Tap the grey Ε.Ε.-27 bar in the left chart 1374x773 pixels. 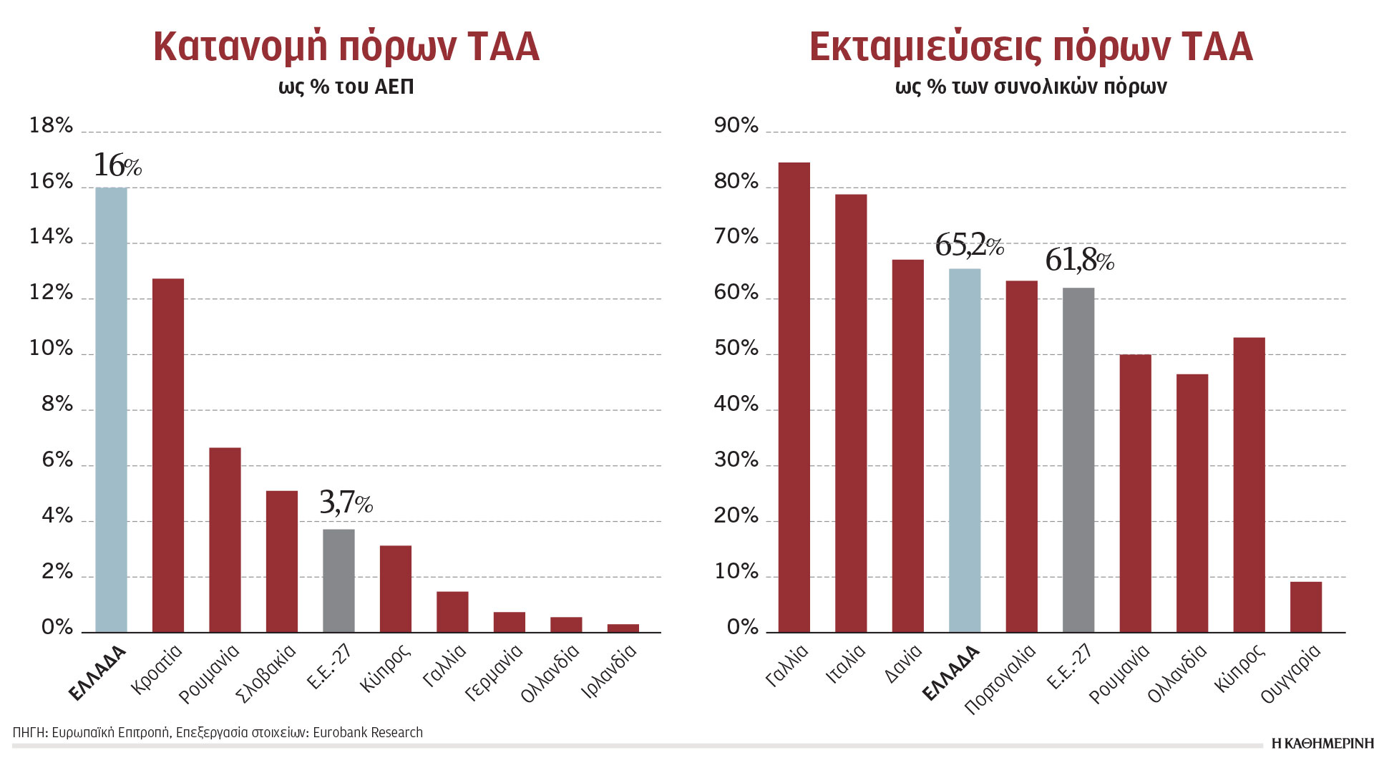[338, 580]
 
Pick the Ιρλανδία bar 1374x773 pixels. [623, 628]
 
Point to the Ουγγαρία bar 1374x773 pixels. [1306, 607]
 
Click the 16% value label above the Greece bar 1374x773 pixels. [117, 165]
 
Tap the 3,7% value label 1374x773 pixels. [346, 502]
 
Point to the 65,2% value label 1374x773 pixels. [969, 245]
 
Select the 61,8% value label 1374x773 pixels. [1079, 260]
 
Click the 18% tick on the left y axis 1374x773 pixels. [51, 126]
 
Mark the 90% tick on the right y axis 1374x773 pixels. [736, 126]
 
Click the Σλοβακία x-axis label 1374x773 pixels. [266, 674]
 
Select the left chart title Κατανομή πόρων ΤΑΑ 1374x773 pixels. [346, 47]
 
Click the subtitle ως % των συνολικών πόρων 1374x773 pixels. [1030, 87]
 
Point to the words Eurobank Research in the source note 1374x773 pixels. [368, 732]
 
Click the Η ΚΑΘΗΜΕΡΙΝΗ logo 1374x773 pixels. [1322, 744]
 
